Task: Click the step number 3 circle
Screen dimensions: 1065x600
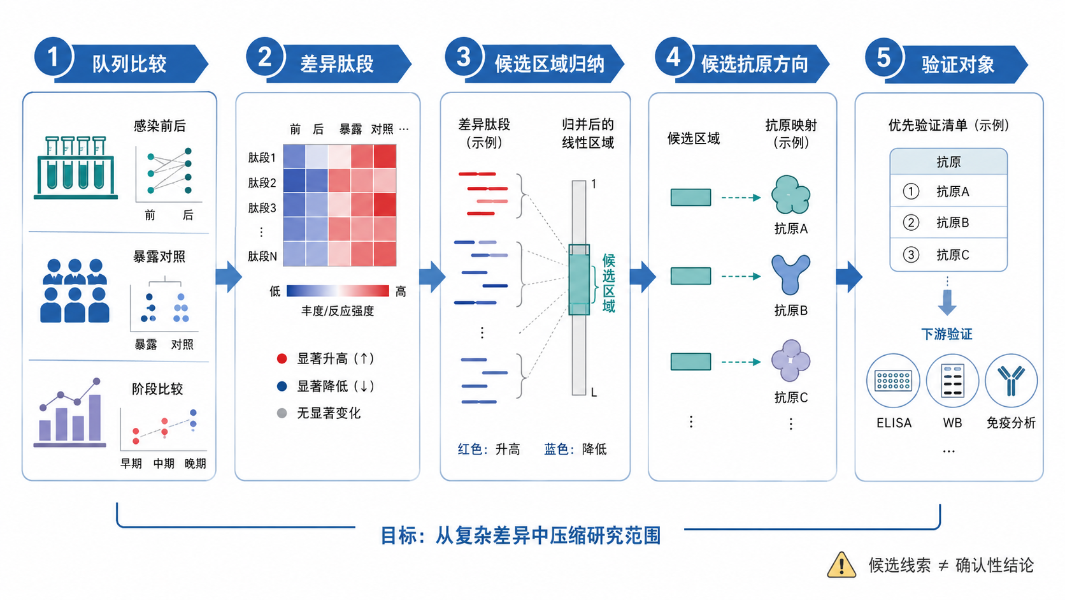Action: point(464,57)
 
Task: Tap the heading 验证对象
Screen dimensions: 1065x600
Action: point(957,64)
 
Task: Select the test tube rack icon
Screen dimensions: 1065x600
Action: point(76,168)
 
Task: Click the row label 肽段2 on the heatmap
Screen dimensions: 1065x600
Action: point(262,183)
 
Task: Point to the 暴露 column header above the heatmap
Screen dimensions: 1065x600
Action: point(350,129)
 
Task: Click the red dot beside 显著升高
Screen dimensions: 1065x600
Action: point(282,359)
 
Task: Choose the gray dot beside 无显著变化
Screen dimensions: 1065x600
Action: point(282,413)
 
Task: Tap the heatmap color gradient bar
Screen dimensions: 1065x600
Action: point(338,291)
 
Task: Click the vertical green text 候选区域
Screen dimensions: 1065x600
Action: point(608,283)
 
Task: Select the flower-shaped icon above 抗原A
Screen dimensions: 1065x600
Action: point(790,195)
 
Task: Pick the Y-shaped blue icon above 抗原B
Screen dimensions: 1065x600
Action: point(790,275)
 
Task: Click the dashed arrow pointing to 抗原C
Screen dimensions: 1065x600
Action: point(741,362)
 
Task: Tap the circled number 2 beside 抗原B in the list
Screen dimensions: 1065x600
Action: point(911,223)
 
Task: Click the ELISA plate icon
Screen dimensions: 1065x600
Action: point(893,381)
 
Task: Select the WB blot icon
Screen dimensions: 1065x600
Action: point(952,381)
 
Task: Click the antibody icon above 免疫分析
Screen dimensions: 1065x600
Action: point(1011,381)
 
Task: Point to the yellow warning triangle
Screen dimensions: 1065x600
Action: point(841,565)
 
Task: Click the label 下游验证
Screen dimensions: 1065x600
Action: point(947,334)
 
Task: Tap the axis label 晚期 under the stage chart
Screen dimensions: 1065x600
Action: point(196,464)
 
